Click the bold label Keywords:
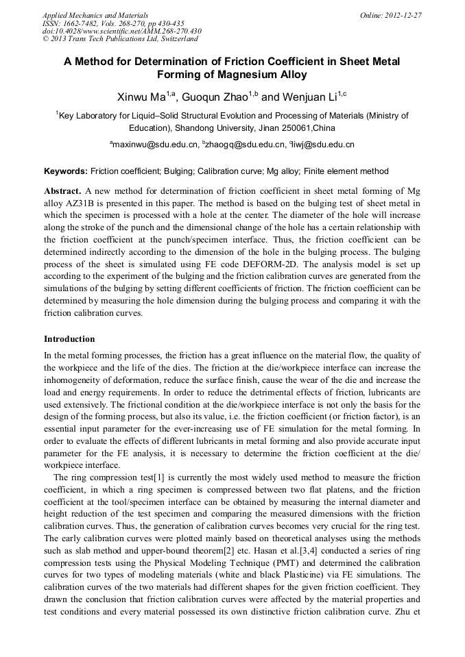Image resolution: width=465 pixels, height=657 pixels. click(66, 171)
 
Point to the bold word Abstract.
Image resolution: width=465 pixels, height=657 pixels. click(62, 190)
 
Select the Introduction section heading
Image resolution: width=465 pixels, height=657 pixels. click(69, 339)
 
